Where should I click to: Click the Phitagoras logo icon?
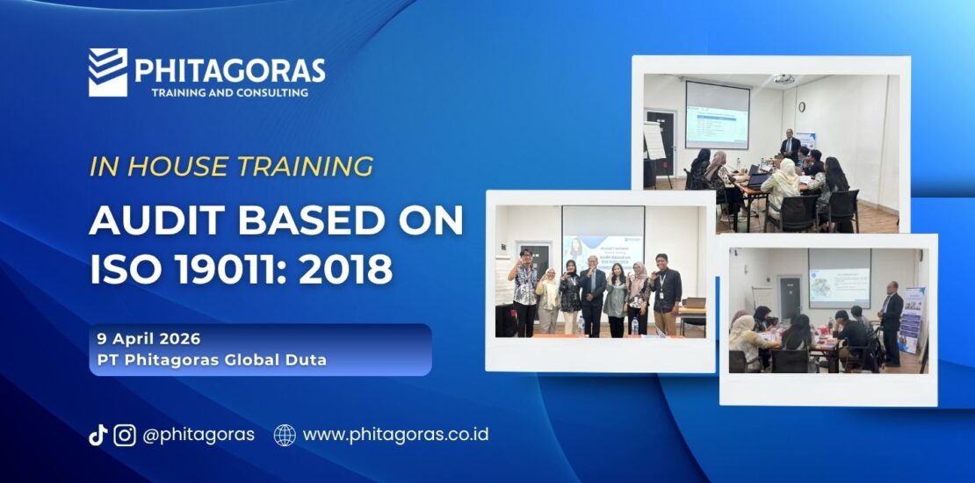108,72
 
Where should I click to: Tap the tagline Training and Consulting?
229,92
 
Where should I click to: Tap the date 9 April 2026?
149,339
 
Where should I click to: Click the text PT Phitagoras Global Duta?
212,360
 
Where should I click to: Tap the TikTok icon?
97,435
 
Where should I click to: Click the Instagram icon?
125,435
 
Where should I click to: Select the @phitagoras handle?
199,435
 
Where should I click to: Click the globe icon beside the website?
285,435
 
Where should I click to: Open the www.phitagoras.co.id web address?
395,435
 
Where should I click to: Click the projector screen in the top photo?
718,114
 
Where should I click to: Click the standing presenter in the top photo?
790,146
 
